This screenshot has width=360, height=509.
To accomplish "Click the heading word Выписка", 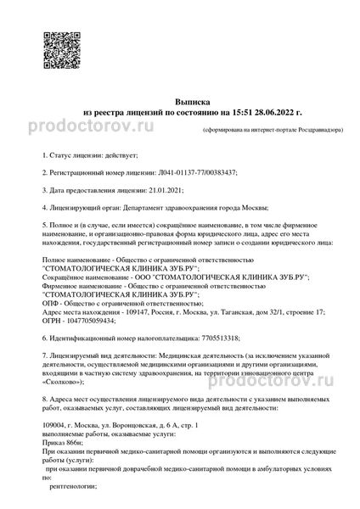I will [180, 98].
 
